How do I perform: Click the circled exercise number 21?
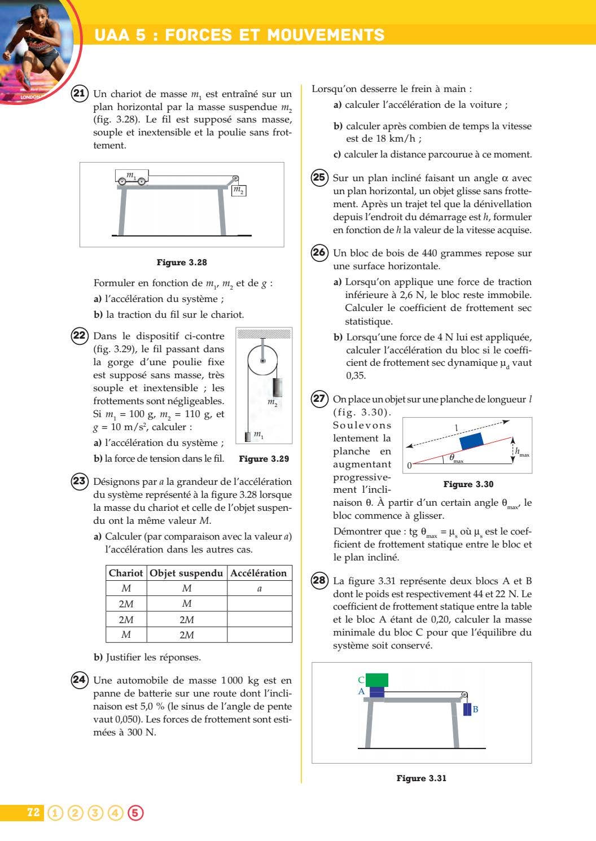pos(80,94)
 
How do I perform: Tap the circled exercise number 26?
pos(319,252)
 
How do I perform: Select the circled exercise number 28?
pos(319,580)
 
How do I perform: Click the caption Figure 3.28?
pos(182,262)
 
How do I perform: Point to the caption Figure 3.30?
pos(468,484)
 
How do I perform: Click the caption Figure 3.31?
pos(421,778)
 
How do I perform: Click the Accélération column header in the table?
pos(259,573)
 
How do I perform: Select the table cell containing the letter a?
pos(259,588)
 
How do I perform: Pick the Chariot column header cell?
pos(126,573)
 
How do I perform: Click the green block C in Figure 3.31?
pos(377,680)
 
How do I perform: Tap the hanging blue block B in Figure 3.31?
pos(467,709)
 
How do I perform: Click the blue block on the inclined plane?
pos(472,441)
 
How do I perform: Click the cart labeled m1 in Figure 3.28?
pos(132,176)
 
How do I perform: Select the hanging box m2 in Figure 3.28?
pos(239,190)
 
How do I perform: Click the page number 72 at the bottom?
pos(33,812)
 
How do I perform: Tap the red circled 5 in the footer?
pos(135,813)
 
